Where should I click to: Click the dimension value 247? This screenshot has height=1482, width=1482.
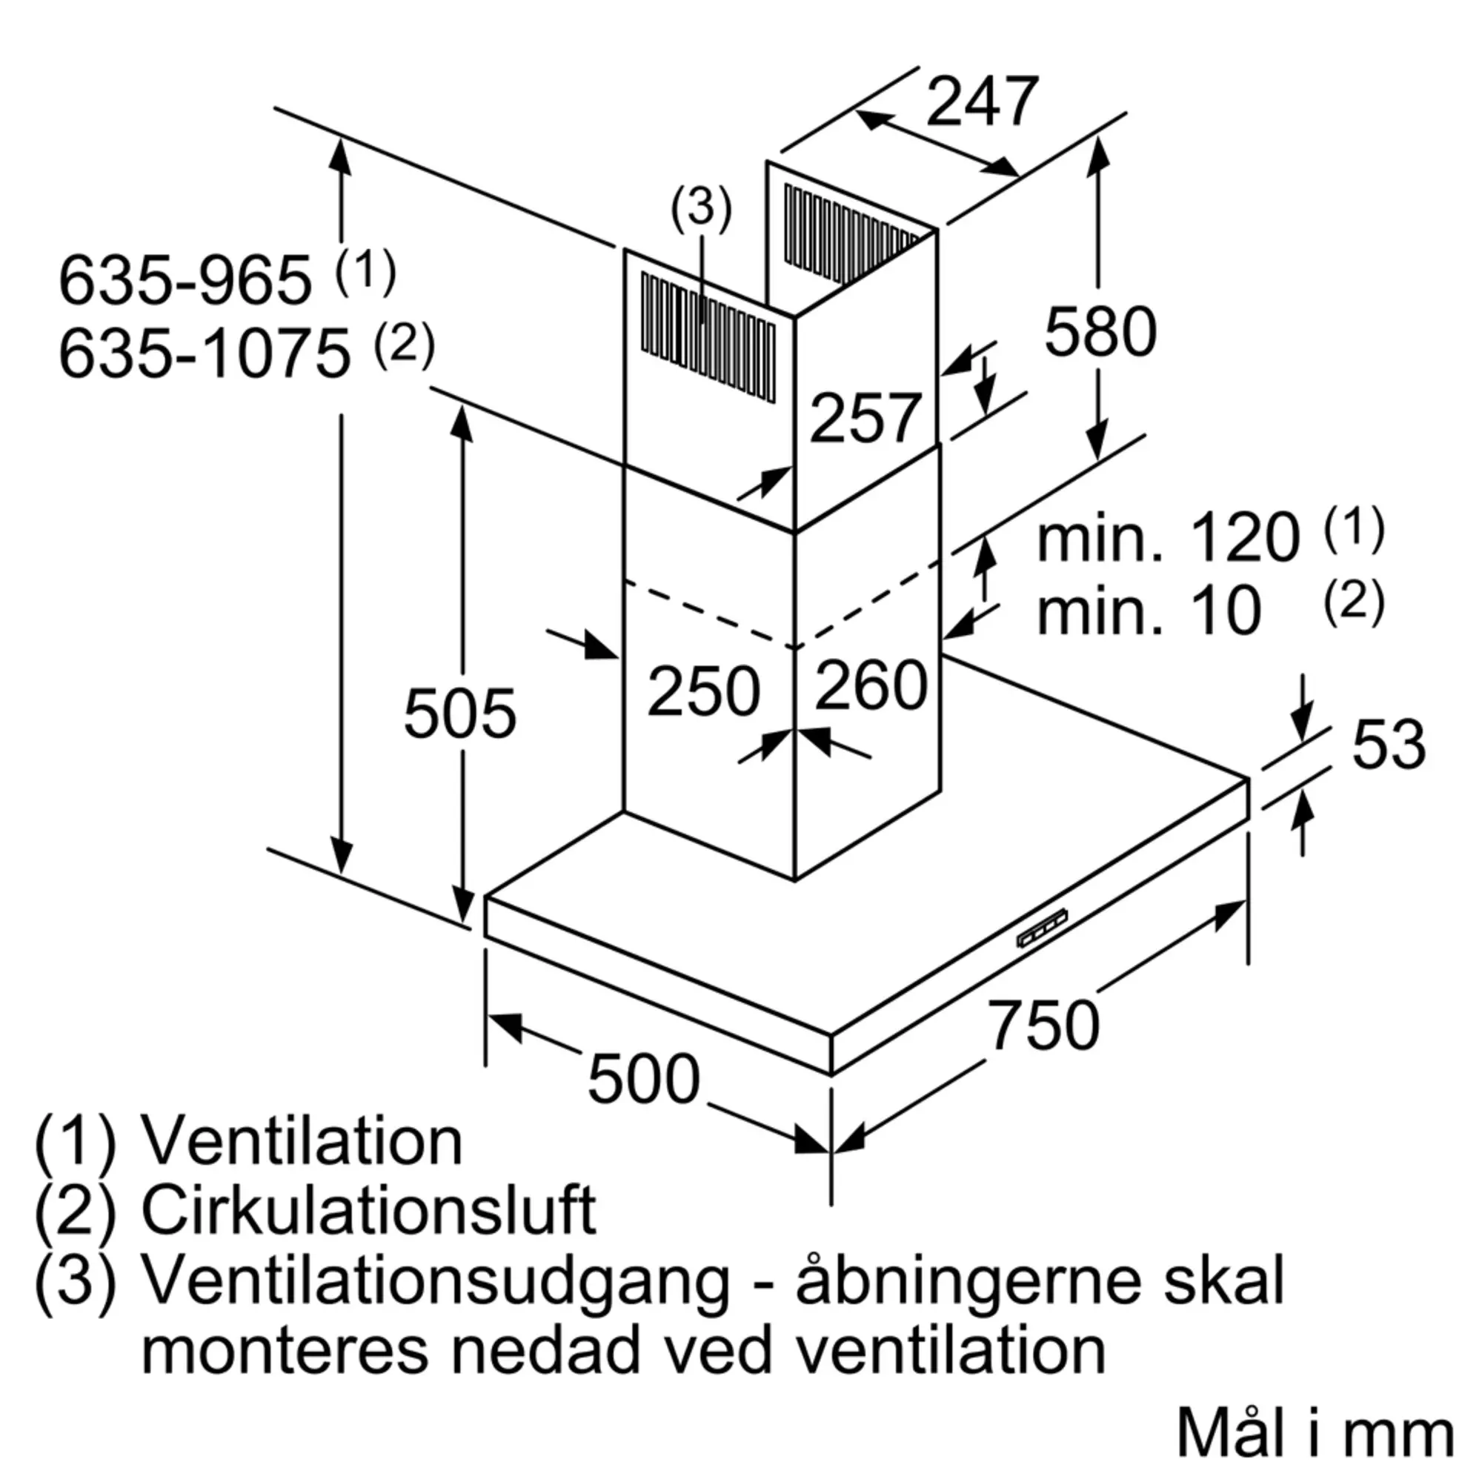click(x=982, y=102)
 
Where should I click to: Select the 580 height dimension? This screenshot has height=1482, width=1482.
click(x=1100, y=331)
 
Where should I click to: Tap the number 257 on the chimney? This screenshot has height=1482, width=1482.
click(x=865, y=418)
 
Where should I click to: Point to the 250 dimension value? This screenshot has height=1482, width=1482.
click(x=703, y=692)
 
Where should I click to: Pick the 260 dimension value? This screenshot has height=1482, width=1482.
click(x=871, y=685)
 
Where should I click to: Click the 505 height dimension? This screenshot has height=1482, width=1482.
click(x=459, y=714)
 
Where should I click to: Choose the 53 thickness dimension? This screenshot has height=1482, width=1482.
click(x=1389, y=744)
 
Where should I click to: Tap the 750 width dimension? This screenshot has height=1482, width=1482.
click(x=1043, y=1025)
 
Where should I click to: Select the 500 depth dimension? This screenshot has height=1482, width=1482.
click(x=644, y=1080)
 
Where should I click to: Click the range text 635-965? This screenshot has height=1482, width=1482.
click(x=185, y=281)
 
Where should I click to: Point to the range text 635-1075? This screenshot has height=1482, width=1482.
click(x=204, y=354)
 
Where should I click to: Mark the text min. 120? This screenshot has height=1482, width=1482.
click(x=1168, y=539)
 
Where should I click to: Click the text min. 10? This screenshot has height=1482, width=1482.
click(x=1149, y=611)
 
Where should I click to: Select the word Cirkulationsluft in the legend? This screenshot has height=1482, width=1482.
click(x=368, y=1211)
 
